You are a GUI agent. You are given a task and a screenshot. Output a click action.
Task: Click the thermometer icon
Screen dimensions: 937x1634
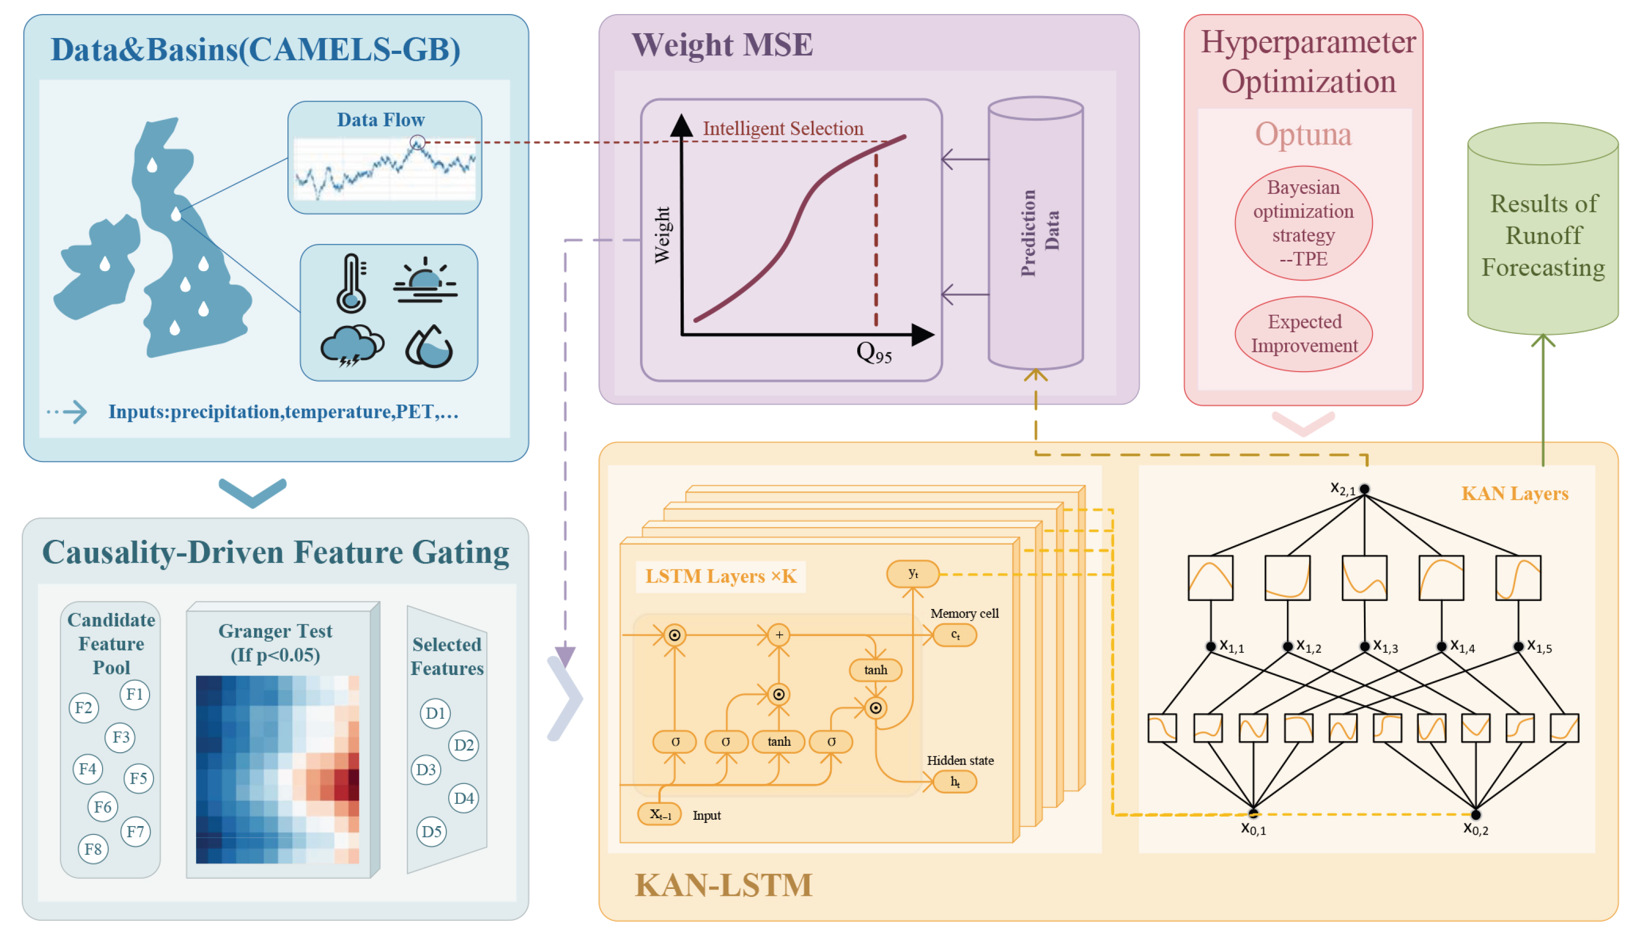click(351, 283)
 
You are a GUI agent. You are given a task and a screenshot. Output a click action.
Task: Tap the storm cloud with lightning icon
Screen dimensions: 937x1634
click(351, 346)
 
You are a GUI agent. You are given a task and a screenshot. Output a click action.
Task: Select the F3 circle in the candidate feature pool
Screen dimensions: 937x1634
click(120, 737)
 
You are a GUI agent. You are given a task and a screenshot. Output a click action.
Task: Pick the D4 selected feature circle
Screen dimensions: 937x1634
click(463, 799)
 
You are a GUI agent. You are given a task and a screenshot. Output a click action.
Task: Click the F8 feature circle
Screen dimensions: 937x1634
click(94, 849)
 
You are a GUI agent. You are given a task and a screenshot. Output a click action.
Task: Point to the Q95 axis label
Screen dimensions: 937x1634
click(874, 353)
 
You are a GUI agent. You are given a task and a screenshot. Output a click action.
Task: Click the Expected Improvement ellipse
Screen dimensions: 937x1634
click(1304, 333)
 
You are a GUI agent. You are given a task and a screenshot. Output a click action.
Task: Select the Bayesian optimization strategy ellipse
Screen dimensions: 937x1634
click(1304, 223)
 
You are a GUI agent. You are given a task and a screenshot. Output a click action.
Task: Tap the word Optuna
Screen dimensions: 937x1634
click(1303, 135)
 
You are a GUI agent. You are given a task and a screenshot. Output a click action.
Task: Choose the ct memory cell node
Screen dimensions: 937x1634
click(955, 635)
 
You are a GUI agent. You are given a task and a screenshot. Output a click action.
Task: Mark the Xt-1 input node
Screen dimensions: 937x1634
click(660, 814)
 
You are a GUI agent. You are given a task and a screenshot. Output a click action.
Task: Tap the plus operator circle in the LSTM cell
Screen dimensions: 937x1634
click(779, 635)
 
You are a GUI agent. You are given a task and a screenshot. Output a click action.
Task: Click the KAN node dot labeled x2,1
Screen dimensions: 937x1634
click(1364, 489)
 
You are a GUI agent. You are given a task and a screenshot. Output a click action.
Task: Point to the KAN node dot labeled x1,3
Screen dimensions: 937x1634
click(1364, 646)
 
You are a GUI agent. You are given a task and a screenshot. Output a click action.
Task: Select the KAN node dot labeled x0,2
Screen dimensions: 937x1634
click(1475, 815)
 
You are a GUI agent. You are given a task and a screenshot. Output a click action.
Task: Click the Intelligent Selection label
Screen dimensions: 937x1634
click(783, 129)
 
